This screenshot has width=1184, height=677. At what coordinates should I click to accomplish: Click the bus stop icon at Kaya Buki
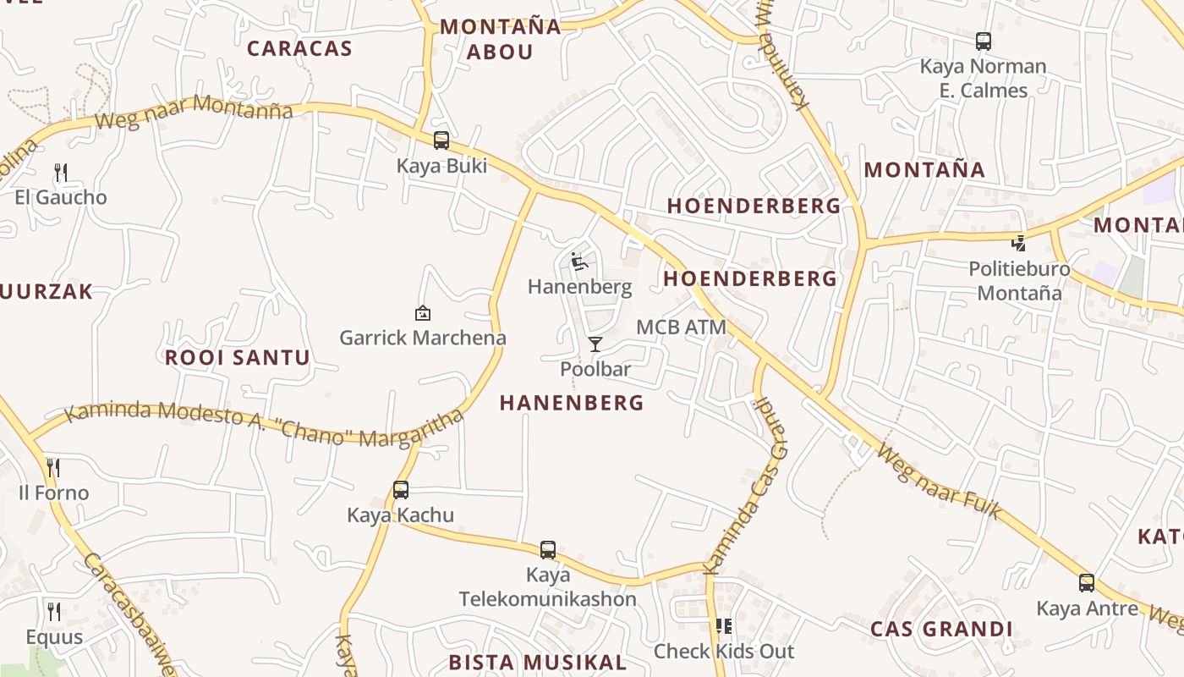(x=441, y=140)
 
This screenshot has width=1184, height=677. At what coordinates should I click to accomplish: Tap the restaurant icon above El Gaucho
(x=61, y=173)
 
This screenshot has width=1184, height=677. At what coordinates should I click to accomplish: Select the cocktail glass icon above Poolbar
(x=595, y=344)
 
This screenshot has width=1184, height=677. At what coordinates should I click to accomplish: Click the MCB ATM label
(x=681, y=327)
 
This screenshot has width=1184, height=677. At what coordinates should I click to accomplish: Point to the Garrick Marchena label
(x=423, y=338)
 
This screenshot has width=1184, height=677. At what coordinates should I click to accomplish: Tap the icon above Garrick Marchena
(x=423, y=313)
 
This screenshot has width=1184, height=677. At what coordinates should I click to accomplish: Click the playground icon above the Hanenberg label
(x=579, y=261)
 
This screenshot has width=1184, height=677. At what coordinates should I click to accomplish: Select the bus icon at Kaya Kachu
(x=401, y=490)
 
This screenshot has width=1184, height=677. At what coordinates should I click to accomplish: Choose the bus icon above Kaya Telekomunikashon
(x=548, y=550)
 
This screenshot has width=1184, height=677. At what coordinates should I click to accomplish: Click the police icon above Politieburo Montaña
(x=1019, y=244)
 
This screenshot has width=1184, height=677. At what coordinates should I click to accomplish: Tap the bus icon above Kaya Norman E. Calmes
(x=983, y=41)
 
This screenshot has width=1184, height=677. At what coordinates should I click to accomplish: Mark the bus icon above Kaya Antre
(x=1087, y=583)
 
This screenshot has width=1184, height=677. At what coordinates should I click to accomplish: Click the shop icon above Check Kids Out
(x=724, y=626)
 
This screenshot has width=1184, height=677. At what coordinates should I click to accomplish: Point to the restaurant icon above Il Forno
(x=53, y=468)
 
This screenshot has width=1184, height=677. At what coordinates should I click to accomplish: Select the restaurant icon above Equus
(x=54, y=612)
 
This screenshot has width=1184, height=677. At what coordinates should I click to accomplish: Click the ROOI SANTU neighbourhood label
(x=238, y=357)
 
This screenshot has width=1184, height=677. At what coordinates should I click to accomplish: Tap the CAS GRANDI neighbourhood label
(x=941, y=629)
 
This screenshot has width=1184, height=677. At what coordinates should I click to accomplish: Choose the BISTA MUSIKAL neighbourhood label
(x=538, y=662)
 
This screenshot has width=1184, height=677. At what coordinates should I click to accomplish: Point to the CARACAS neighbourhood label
(x=299, y=48)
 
